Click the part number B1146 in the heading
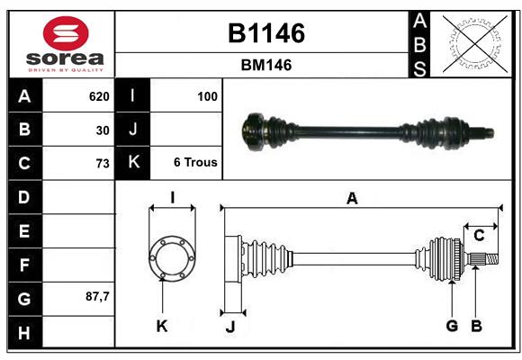pyautogui.click(x=265, y=33)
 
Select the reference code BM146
pyautogui.click(x=265, y=65)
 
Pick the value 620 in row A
pyautogui.click(x=98, y=96)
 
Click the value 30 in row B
pyautogui.click(x=103, y=130)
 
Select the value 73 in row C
pyautogui.click(x=103, y=164)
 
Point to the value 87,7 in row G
pyautogui.click(x=97, y=296)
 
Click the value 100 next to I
pyautogui.click(x=206, y=96)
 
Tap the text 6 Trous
pyautogui.click(x=195, y=163)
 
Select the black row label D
pyautogui.click(x=24, y=197)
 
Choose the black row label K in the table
pyautogui.click(x=133, y=163)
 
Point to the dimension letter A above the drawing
pyautogui.click(x=352, y=199)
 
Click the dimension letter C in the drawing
pyautogui.click(x=479, y=236)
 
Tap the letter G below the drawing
pyautogui.click(x=452, y=326)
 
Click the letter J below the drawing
pyautogui.click(x=229, y=327)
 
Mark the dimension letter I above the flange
pyautogui.click(x=171, y=198)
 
